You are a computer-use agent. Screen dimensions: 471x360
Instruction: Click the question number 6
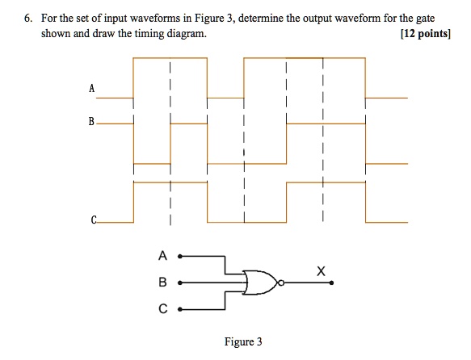click(x=28, y=19)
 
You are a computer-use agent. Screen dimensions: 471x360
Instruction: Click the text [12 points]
click(x=426, y=34)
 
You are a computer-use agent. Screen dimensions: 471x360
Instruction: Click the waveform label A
click(x=92, y=88)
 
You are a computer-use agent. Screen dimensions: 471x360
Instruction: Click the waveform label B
click(x=91, y=122)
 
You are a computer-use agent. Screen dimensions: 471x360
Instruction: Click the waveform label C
click(x=94, y=220)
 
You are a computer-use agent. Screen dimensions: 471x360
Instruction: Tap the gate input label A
click(x=162, y=256)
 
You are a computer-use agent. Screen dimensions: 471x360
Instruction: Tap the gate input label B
click(x=162, y=282)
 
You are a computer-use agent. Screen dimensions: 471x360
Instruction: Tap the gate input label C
click(x=163, y=308)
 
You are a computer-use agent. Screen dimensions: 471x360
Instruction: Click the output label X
click(x=321, y=271)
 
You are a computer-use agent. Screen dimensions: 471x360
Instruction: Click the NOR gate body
click(x=260, y=283)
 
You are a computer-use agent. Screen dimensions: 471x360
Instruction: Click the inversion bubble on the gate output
click(x=281, y=283)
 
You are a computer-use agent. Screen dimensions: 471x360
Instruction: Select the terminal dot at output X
click(x=331, y=283)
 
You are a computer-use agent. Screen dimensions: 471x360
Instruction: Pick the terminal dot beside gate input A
click(x=180, y=257)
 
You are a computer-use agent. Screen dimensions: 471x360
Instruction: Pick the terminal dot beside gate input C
click(x=180, y=309)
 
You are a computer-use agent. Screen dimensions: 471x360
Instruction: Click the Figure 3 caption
click(x=243, y=341)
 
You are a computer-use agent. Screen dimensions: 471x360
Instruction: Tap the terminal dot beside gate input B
click(x=180, y=283)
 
